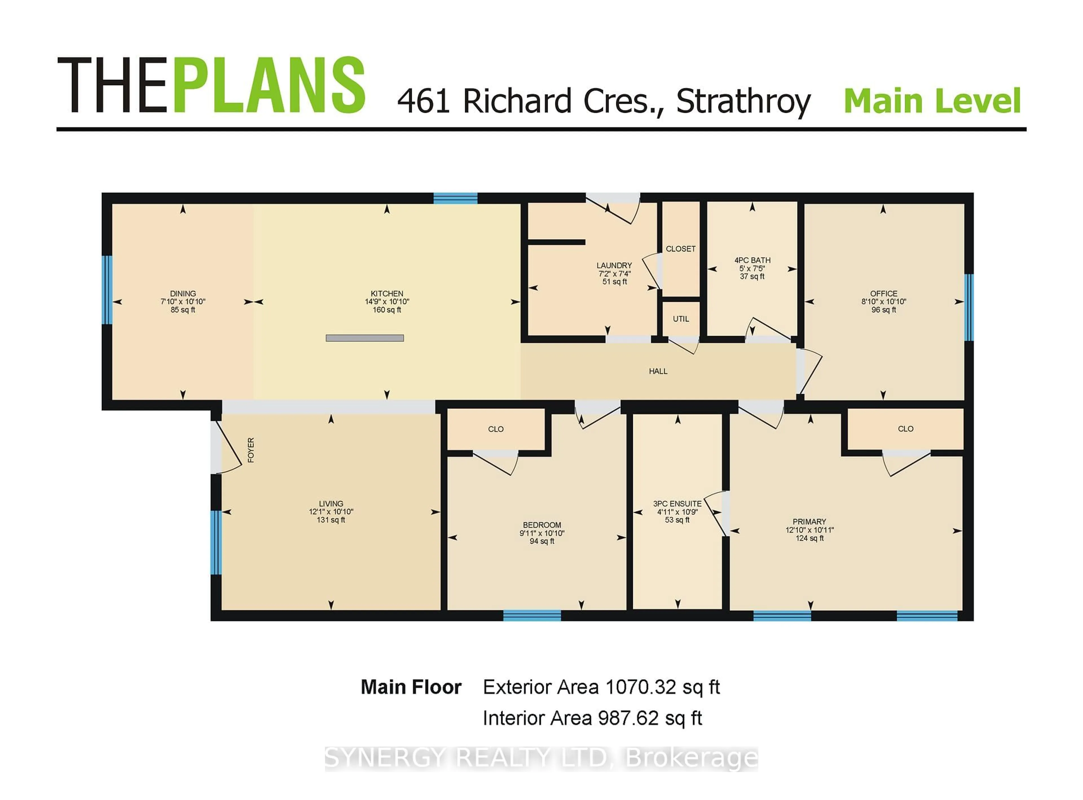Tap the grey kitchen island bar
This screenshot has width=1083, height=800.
pyautogui.click(x=365, y=338)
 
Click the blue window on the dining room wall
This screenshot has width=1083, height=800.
pyautogui.click(x=107, y=290)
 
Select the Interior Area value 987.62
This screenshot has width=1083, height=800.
pyautogui.click(x=628, y=718)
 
